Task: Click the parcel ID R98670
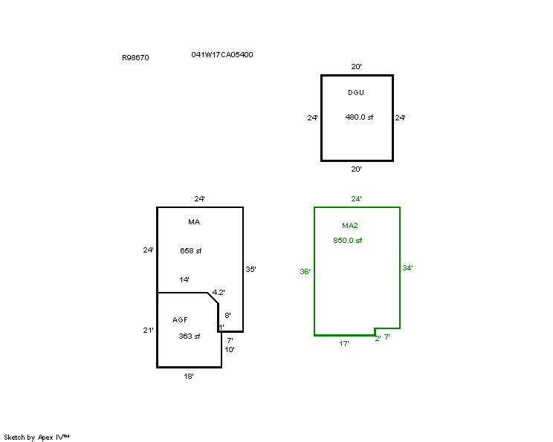pyautogui.click(x=135, y=58)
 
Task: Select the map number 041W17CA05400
pyautogui.click(x=222, y=55)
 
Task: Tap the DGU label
pyautogui.click(x=356, y=92)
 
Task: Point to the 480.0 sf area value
pyautogui.click(x=359, y=117)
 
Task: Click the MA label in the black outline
pyautogui.click(x=194, y=221)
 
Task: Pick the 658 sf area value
pyautogui.click(x=191, y=250)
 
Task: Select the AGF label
pyautogui.click(x=180, y=319)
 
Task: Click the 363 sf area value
pyautogui.click(x=190, y=337)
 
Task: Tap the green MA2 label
pyautogui.click(x=350, y=226)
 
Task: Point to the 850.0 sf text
pyautogui.click(x=348, y=241)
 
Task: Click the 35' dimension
pyautogui.click(x=250, y=270)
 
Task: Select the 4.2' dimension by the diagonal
pyautogui.click(x=219, y=292)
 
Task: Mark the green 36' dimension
pyautogui.click(x=305, y=271)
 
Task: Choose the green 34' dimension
pyautogui.click(x=408, y=268)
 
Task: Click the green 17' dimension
pyautogui.click(x=344, y=344)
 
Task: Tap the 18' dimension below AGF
pyautogui.click(x=189, y=377)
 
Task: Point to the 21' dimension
pyautogui.click(x=148, y=331)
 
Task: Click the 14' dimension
pyautogui.click(x=184, y=280)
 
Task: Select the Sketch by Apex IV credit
pyautogui.click(x=36, y=438)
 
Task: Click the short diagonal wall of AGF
pyautogui.click(x=213, y=298)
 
